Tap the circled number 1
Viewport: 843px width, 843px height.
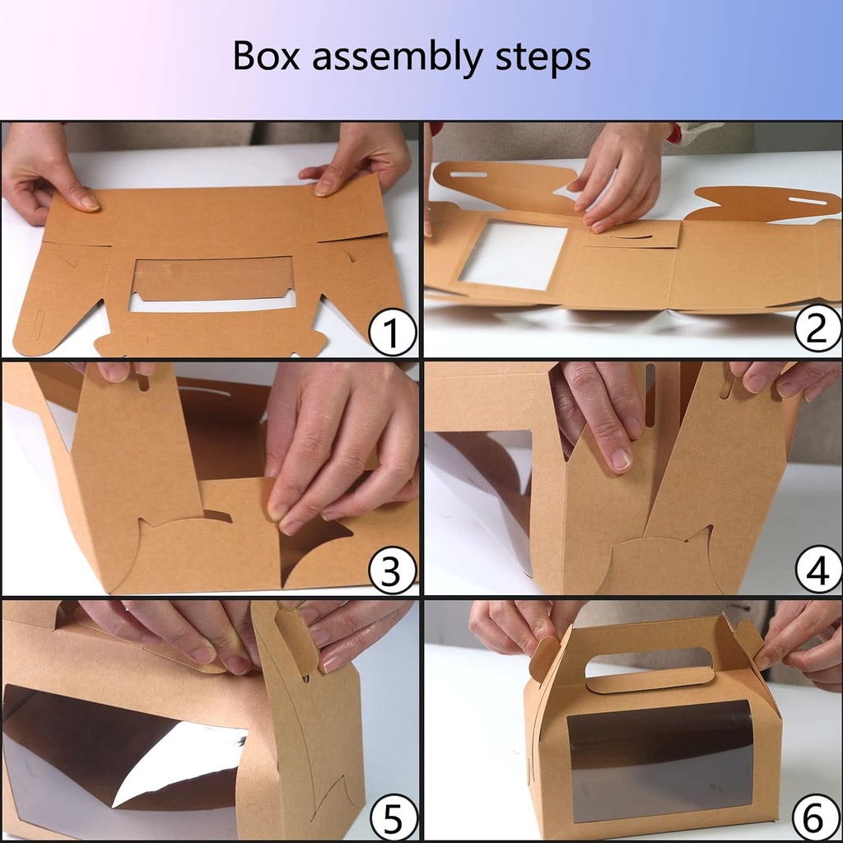(391, 333)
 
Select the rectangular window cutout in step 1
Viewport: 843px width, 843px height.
(212, 278)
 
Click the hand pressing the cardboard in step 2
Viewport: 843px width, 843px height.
(619, 181)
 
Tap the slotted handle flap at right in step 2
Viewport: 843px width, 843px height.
(761, 204)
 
